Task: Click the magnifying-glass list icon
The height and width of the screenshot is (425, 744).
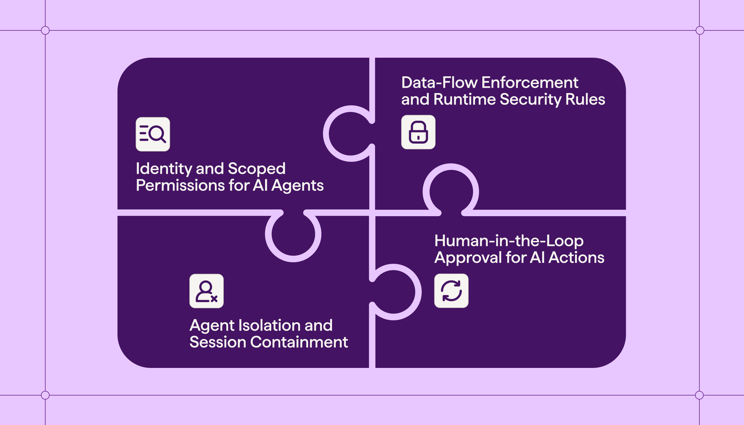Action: coord(153,134)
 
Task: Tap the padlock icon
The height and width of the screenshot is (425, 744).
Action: coord(418,132)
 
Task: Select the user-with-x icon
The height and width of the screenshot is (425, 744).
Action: coord(206,291)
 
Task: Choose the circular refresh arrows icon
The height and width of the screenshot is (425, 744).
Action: coord(451,291)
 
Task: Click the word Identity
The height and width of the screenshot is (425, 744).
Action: coord(164,169)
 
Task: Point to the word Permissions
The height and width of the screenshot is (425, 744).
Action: coord(180,186)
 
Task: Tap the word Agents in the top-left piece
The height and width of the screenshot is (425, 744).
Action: coord(297,186)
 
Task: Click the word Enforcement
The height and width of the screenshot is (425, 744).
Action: coord(530,83)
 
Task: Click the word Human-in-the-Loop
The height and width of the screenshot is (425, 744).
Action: coord(509,241)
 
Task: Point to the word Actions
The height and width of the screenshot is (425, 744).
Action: coord(576,257)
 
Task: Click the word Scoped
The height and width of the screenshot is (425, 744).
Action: coord(256,169)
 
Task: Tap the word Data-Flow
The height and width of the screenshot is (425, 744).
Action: coord(439,83)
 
